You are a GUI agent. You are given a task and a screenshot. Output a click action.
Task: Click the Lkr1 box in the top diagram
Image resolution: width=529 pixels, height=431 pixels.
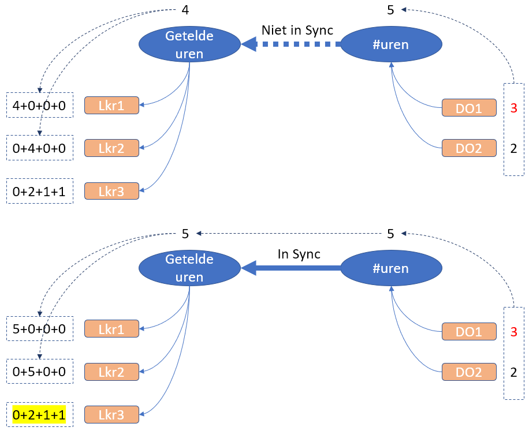coord(111,105)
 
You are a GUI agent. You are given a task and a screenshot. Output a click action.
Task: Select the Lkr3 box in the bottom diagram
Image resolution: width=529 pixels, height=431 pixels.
coord(111,414)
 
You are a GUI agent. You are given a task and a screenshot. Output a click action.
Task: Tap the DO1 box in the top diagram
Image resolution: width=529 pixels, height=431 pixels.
coord(469,107)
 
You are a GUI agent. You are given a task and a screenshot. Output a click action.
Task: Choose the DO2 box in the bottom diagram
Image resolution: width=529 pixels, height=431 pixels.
coord(469,372)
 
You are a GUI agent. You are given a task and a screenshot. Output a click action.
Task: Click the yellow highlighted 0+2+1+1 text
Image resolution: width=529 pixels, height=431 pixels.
coord(39,415)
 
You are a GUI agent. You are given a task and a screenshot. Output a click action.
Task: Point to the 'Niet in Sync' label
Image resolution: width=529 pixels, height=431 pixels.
coord(297,31)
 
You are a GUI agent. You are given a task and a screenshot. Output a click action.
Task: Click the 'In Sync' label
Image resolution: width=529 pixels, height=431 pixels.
coord(299,254)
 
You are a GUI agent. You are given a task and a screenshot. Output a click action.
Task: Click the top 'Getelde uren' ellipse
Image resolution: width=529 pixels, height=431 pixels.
coord(189,44)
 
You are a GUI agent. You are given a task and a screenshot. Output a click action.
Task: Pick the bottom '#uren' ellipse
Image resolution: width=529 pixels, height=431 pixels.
coord(392,268)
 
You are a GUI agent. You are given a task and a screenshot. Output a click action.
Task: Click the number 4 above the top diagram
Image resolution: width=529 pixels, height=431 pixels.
coord(185,10)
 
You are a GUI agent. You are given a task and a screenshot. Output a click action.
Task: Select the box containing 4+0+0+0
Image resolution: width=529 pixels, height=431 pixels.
coord(40,105)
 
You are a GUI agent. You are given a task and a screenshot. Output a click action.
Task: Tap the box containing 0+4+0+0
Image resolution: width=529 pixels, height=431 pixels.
coord(40,148)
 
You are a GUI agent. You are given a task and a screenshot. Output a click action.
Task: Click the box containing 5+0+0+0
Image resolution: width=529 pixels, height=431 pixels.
coord(40,328)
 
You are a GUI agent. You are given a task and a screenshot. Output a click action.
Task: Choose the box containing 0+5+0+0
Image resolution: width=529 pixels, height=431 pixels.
coord(40,372)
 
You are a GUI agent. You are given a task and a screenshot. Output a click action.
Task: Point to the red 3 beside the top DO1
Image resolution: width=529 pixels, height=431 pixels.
coord(513,108)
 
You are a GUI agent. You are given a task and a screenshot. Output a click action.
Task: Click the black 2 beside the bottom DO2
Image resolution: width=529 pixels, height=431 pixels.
coord(513,372)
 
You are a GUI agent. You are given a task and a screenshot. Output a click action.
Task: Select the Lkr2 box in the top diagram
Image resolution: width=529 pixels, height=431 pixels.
coord(111,148)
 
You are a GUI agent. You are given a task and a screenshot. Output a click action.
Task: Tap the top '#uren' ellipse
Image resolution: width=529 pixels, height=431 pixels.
coord(392,44)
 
